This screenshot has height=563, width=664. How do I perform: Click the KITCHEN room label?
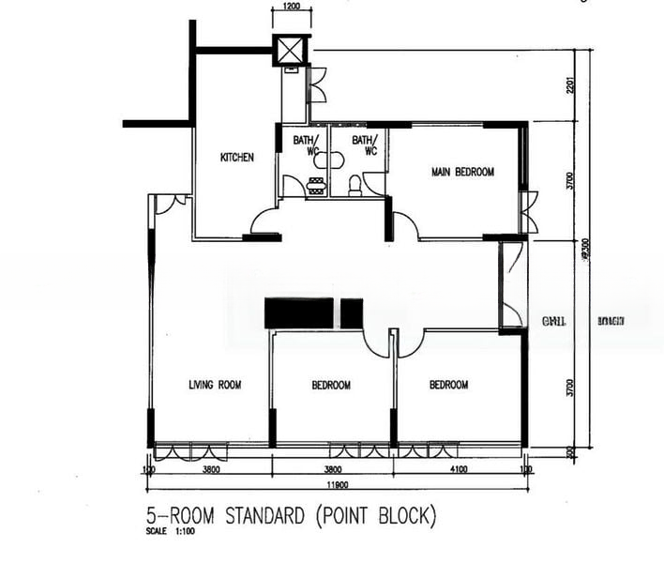[x=236, y=158]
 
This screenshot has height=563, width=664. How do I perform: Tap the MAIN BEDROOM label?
[x=461, y=172]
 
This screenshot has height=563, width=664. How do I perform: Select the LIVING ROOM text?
[x=215, y=385]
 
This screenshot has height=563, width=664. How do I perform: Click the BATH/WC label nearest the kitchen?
[x=306, y=145]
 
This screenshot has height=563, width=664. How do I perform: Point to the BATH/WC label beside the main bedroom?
[x=364, y=145]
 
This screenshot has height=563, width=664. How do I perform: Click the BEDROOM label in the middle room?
[x=331, y=386]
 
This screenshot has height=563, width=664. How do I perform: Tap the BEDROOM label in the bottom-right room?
[x=448, y=385]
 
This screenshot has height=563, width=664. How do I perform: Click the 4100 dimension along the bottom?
[x=457, y=469]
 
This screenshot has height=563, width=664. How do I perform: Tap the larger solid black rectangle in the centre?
[x=299, y=312]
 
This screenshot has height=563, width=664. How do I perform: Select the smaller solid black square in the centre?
[x=351, y=312]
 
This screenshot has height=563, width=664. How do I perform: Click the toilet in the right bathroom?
[x=355, y=185]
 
